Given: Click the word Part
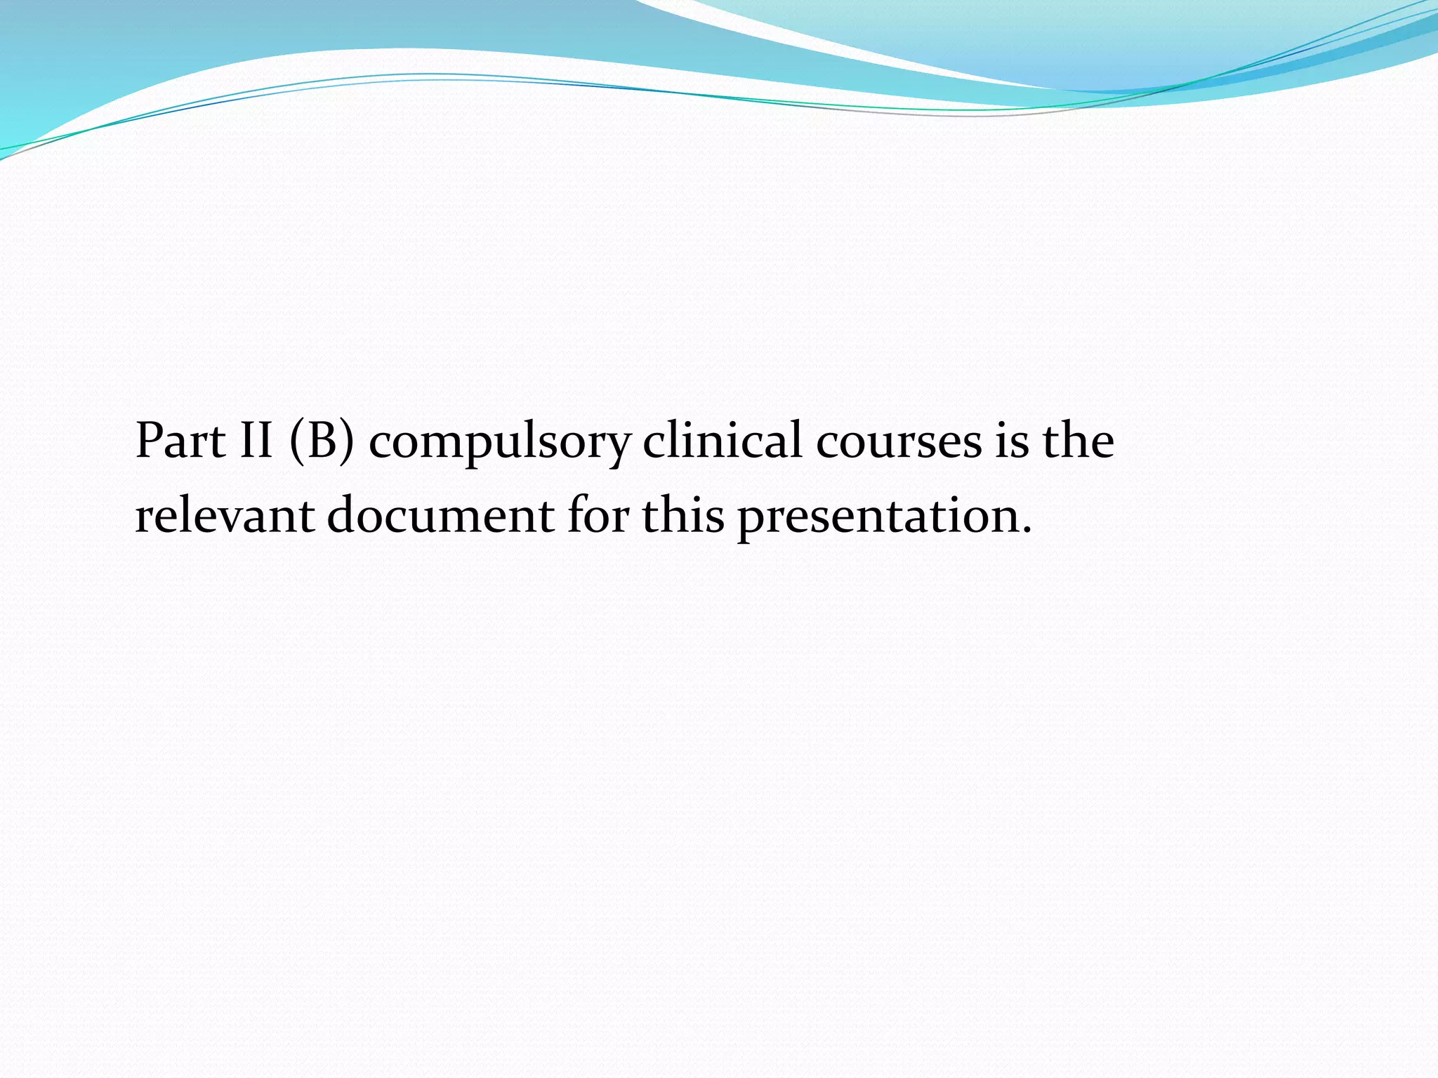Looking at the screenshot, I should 180,441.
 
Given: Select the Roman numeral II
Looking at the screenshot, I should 256,441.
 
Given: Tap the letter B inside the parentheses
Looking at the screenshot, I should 322,441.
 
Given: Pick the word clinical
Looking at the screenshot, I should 722,441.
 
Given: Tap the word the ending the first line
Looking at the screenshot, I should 1078,441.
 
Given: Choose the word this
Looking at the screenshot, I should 682,514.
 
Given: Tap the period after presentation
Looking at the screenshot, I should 1027,531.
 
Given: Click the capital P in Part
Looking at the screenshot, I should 150,441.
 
